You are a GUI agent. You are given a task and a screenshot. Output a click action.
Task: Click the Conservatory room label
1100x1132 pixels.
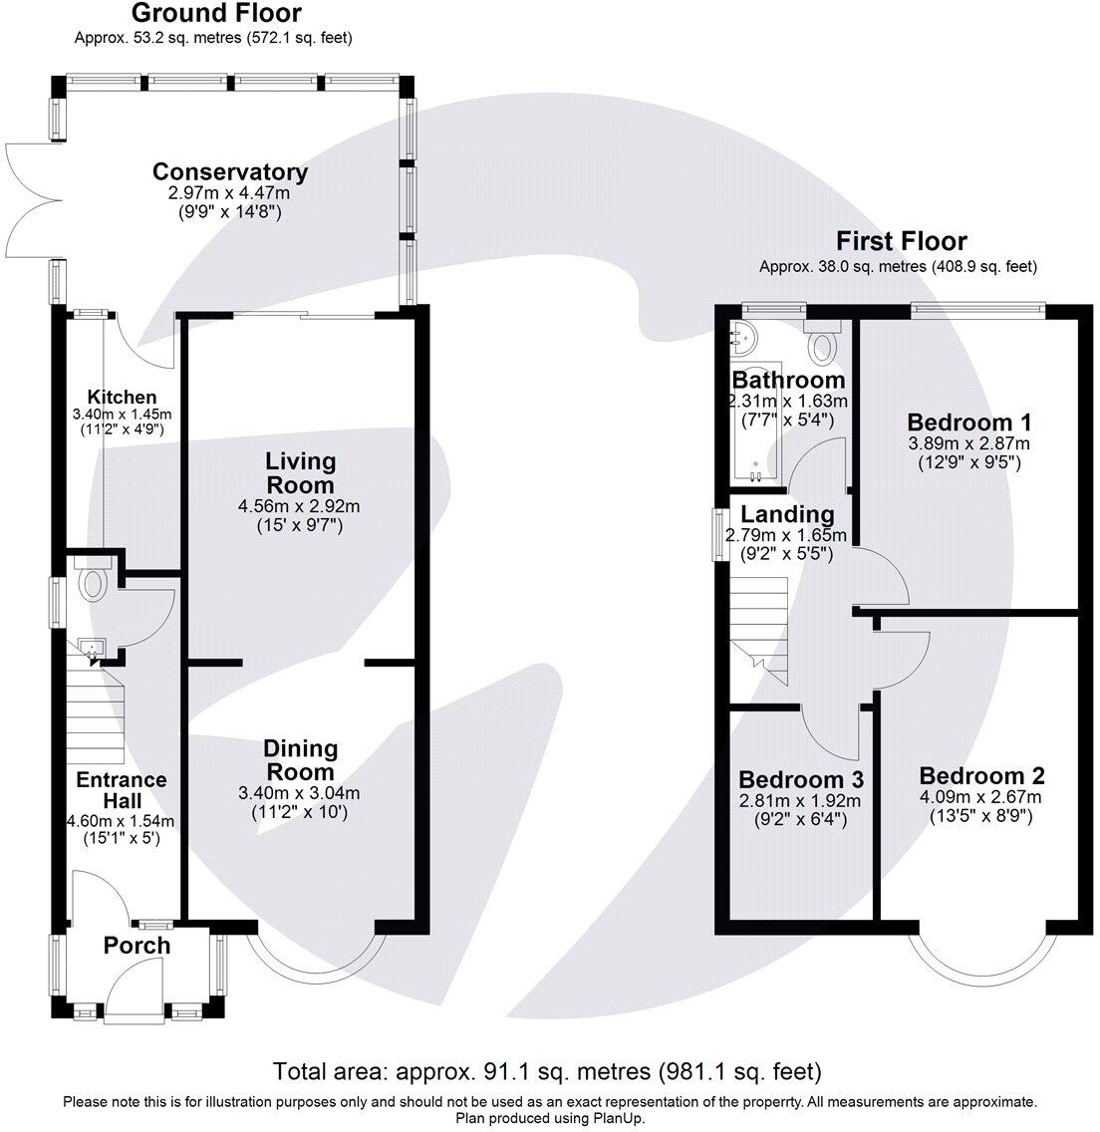[230, 172]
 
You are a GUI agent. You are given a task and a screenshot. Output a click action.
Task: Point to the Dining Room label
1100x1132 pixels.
[300, 759]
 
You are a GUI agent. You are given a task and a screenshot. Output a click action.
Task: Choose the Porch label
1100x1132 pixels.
[137, 946]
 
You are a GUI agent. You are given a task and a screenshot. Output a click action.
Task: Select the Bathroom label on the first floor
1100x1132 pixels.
[788, 380]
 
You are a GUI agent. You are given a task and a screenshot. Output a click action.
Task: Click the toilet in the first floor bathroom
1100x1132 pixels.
[822, 344]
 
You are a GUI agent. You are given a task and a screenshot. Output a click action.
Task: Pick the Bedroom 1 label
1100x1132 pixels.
[968, 422]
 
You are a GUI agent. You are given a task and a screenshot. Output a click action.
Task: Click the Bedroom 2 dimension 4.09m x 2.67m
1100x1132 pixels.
[981, 797]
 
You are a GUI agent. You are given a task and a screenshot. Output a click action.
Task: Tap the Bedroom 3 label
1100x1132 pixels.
[800, 779]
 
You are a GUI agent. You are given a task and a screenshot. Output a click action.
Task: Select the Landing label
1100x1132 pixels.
[788, 514]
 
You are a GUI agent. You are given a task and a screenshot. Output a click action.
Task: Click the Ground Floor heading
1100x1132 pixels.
[216, 13]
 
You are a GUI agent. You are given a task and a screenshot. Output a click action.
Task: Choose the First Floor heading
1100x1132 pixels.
[901, 241]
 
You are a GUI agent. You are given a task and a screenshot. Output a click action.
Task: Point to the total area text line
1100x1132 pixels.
[548, 1071]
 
